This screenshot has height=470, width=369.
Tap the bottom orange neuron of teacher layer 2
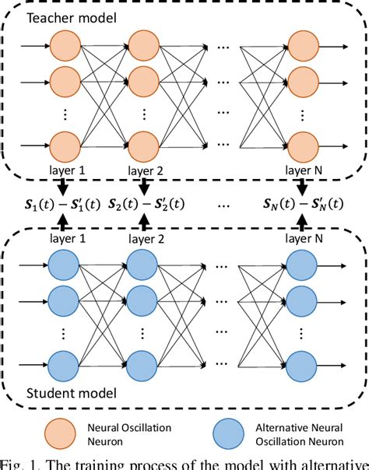click(x=144, y=146)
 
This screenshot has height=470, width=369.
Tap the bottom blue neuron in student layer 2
click(x=144, y=366)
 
